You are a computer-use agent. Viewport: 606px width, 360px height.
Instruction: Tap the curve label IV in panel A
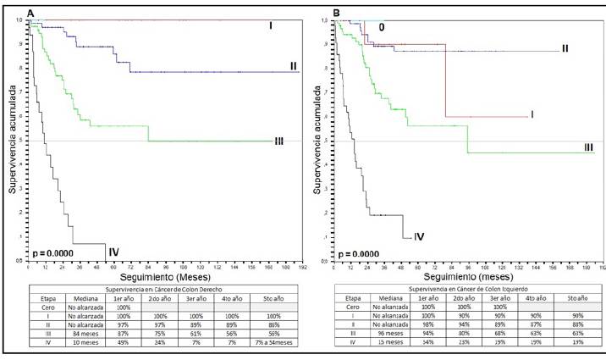[x=113, y=250]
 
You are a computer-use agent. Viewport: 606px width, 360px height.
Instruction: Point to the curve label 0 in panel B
[x=383, y=28]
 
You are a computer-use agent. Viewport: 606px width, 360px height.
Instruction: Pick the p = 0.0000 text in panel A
[x=53, y=252]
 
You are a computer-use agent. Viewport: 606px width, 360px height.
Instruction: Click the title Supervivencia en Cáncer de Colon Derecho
[x=161, y=291]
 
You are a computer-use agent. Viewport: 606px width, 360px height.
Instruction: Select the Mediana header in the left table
[x=70, y=299]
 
